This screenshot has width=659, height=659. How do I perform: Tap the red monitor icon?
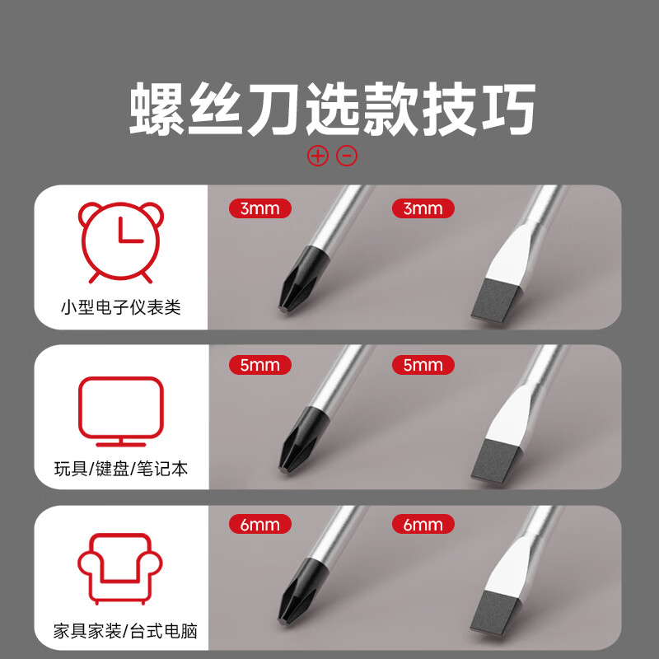pyautogui.click(x=120, y=409)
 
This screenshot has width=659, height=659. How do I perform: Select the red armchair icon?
pyautogui.click(x=120, y=568)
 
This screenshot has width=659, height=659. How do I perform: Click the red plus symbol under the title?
pyautogui.click(x=317, y=155)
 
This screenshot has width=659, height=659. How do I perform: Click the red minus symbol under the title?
pyautogui.click(x=347, y=155)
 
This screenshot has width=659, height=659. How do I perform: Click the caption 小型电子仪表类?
pyautogui.click(x=120, y=307)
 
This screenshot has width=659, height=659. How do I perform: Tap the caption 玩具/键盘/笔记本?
pyautogui.click(x=121, y=469)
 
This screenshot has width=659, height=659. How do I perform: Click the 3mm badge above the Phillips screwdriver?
pyautogui.click(x=260, y=208)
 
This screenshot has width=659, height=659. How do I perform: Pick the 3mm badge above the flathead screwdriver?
pyautogui.click(x=423, y=208)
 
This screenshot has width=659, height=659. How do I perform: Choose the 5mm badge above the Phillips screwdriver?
pyautogui.click(x=260, y=365)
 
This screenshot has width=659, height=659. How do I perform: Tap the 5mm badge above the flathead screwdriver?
pyautogui.click(x=423, y=365)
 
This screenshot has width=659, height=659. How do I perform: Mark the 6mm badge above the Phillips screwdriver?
pyautogui.click(x=260, y=525)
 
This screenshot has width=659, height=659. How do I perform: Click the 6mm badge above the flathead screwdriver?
pyautogui.click(x=423, y=525)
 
